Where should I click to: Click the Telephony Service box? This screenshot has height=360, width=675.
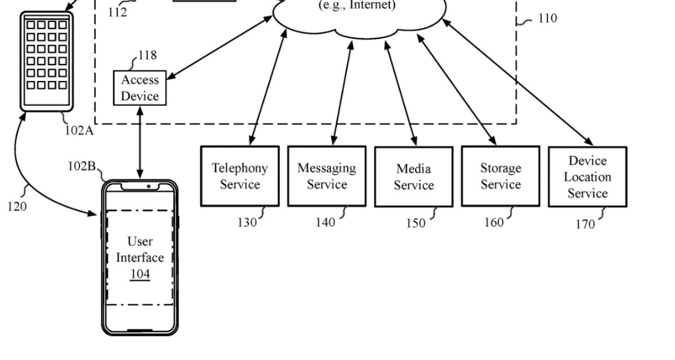point(240,176)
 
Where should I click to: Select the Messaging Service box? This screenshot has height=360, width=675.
point(327,176)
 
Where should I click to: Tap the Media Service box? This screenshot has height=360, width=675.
point(413,177)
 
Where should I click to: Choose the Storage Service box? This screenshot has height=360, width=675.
point(501,176)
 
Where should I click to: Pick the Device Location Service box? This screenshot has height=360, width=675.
point(587,177)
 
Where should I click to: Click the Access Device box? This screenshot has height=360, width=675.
point(140,88)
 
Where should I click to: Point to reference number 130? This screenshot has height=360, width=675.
point(246,223)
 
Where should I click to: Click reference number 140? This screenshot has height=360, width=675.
point(325,223)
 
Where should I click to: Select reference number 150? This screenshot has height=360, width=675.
point(416,224)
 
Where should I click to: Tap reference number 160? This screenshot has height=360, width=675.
point(494,223)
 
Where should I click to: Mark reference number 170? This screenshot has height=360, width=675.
point(584,224)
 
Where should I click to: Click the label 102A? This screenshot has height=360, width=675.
point(78,131)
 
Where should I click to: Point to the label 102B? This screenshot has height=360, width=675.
point(82,166)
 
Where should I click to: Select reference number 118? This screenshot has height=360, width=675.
point(147,55)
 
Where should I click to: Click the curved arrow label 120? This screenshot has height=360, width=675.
point(17,206)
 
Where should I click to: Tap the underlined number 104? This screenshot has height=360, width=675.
point(140,274)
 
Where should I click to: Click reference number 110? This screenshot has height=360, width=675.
point(547,19)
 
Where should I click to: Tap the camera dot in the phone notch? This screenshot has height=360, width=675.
point(148,186)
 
